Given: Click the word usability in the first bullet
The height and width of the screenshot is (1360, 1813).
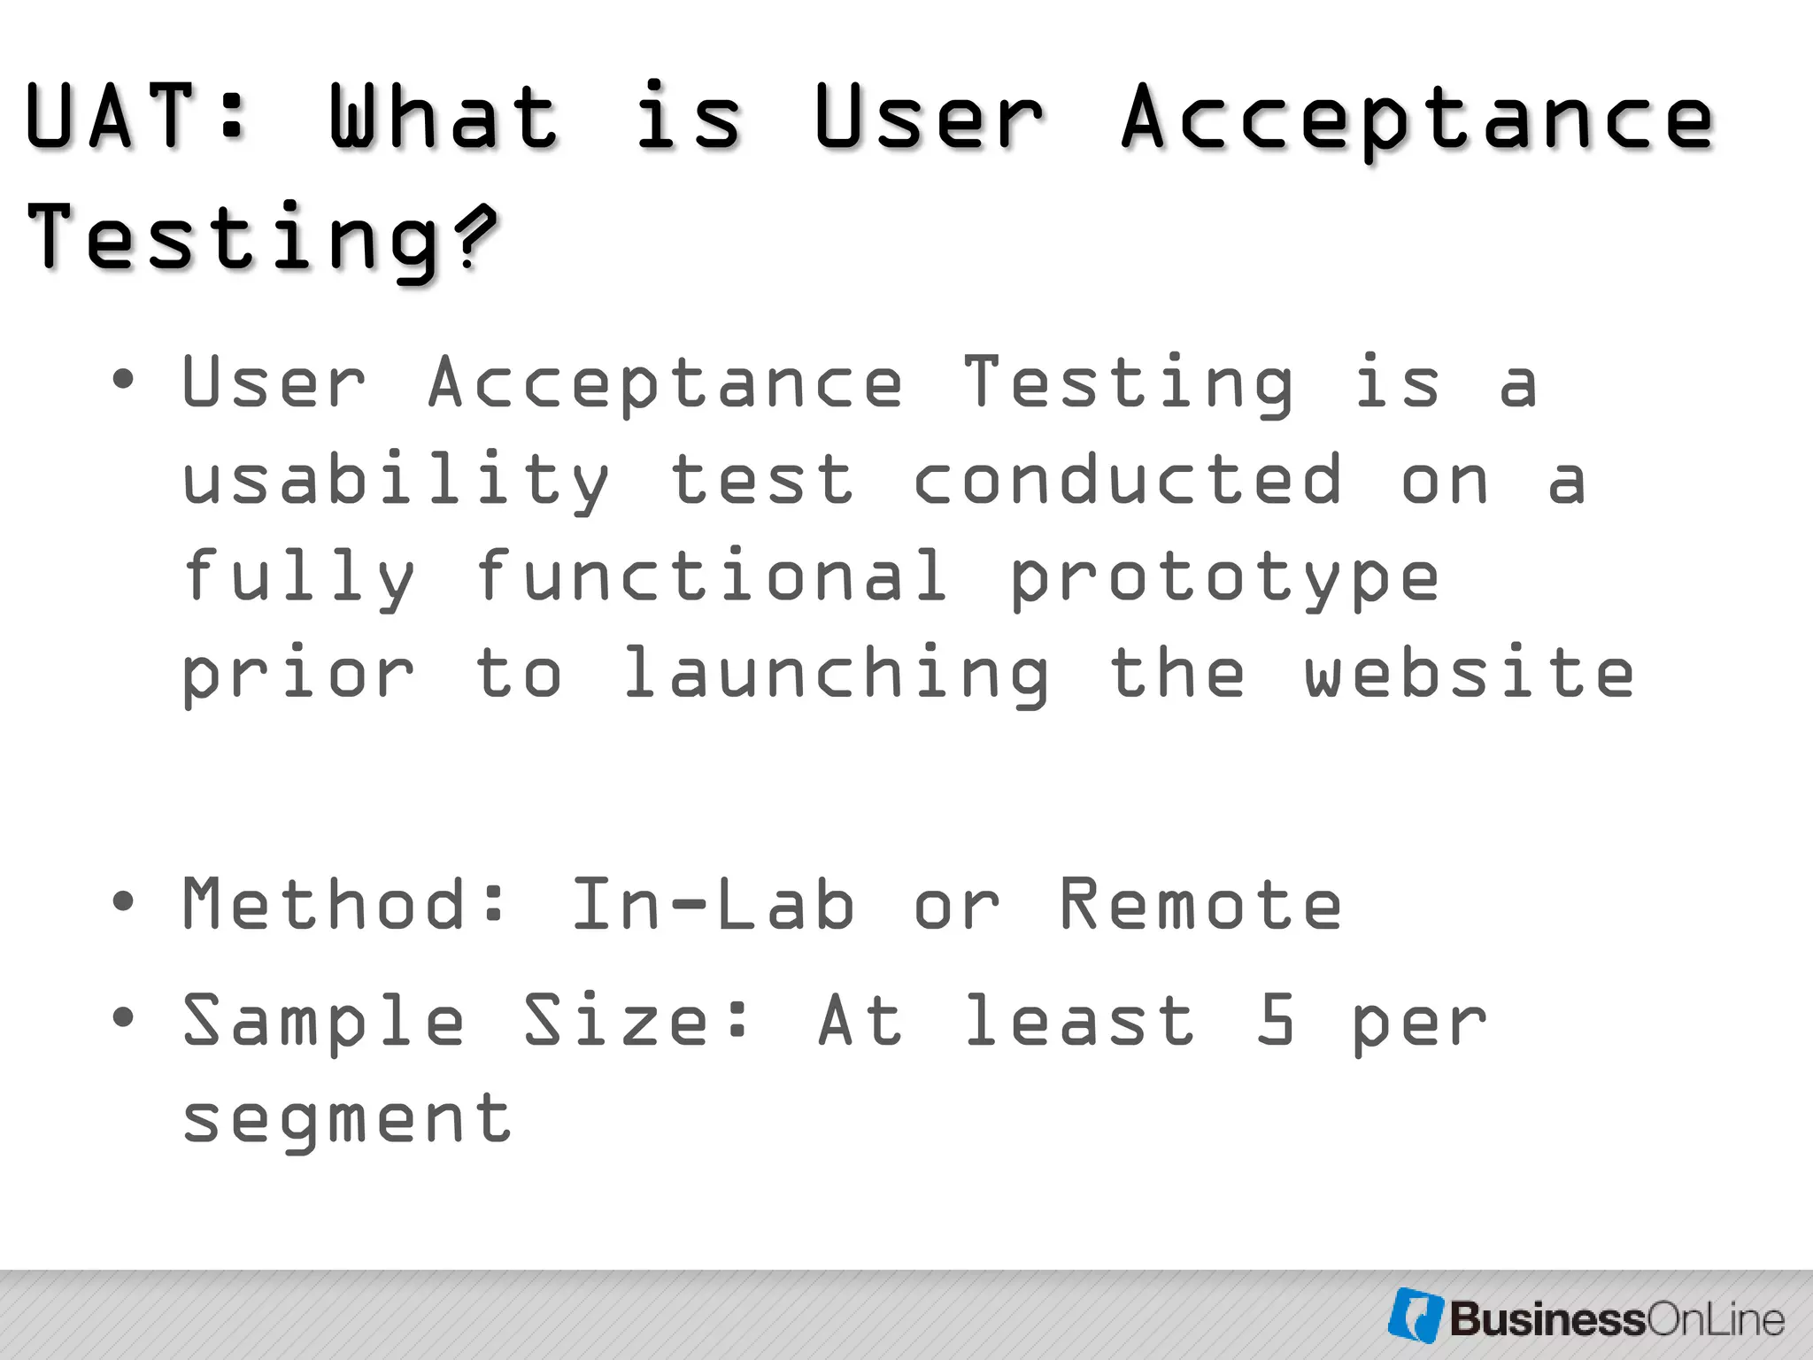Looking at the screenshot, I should [x=395, y=481].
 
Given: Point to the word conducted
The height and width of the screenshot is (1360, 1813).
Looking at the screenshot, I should [x=1127, y=481].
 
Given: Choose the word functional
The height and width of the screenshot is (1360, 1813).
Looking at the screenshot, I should [x=711, y=577].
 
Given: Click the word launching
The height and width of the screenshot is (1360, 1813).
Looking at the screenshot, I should [x=835, y=675].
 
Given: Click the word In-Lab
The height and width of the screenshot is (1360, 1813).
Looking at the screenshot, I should [x=713, y=904].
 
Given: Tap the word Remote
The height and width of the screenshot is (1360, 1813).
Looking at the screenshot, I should [x=1200, y=904].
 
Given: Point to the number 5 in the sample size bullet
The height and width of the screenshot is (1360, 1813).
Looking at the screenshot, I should [x=1275, y=1020].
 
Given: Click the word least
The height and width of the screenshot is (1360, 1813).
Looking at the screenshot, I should [x=1078, y=1020].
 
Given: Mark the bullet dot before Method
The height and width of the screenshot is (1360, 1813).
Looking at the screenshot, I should [x=123, y=902].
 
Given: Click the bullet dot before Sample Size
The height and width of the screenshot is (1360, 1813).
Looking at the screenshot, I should [x=123, y=1017].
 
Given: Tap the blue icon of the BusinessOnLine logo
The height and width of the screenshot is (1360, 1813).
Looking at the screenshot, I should [x=1416, y=1315].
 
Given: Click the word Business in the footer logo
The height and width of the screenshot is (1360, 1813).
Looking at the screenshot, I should [x=1546, y=1319].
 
